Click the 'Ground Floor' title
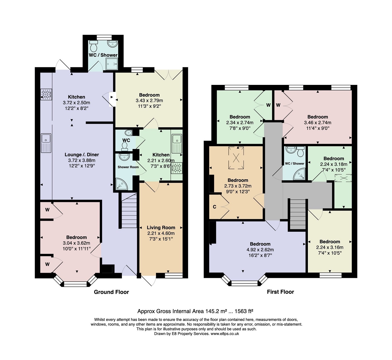tap(111, 292)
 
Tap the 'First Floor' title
tap(281, 292)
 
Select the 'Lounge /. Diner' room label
tap(82, 154)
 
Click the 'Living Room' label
tap(161, 227)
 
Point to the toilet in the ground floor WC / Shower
tap(94, 46)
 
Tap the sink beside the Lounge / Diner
tap(46, 143)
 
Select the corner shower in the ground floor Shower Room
tap(121, 184)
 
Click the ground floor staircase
tap(129, 210)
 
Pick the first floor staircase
tap(298, 214)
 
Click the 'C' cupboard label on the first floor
tap(214, 207)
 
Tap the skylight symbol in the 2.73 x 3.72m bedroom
tap(236, 158)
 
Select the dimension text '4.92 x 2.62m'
tap(260, 250)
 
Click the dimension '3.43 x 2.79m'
tap(149, 101)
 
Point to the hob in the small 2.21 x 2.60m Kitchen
tap(177, 168)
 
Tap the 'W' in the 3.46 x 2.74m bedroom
tap(278, 105)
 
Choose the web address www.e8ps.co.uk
tap(225, 334)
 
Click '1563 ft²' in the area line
tap(244, 311)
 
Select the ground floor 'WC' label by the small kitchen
tap(126, 140)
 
